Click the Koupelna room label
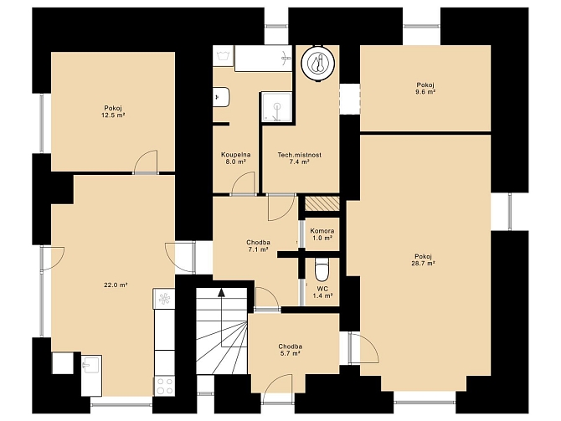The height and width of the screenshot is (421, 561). [x=235, y=155]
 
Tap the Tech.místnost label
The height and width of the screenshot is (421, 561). [x=300, y=155]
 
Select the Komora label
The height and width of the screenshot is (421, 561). [x=322, y=231]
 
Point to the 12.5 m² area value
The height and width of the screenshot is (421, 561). [x=113, y=116]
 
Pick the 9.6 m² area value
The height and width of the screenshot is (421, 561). [x=425, y=92]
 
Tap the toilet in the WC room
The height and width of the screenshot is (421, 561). [x=322, y=270]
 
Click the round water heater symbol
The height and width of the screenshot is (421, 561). [x=318, y=63]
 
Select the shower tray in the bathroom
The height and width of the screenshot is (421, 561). [x=277, y=107]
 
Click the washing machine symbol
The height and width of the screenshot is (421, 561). [x=224, y=56]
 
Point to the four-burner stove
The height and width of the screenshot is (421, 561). [x=165, y=387]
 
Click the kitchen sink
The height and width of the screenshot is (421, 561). [x=91, y=376]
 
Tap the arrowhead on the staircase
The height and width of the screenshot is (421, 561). [x=221, y=293]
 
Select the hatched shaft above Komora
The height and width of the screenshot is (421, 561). [x=322, y=203]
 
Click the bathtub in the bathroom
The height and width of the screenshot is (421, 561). [x=263, y=59]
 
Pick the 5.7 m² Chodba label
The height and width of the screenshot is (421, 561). [x=291, y=350]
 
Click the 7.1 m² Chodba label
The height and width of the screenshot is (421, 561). [x=259, y=246]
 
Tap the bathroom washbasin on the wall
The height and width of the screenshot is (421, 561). [x=221, y=97]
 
